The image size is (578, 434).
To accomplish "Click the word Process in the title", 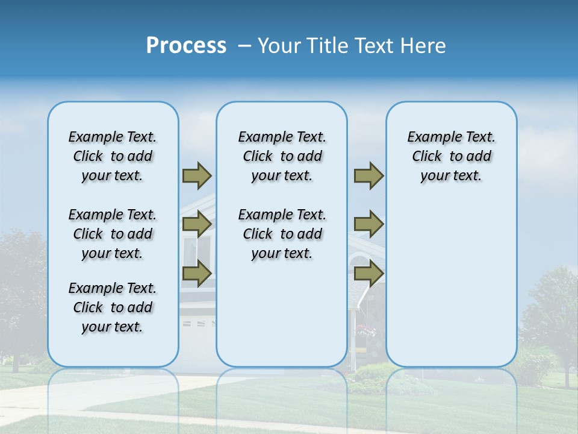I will [186, 46].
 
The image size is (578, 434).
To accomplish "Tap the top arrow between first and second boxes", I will [197, 176].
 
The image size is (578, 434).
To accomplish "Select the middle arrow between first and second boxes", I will [197, 225].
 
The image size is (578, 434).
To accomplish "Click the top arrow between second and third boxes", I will [368, 176].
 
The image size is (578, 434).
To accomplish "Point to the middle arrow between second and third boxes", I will [368, 225].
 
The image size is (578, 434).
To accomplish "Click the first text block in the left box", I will [113, 156].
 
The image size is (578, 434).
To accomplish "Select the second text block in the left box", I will [113, 234].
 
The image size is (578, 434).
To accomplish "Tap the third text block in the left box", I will [113, 307].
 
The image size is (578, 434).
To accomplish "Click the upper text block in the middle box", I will [282, 156].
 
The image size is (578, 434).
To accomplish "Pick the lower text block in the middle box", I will [282, 234].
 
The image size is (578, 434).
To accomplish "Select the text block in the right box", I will [451, 156].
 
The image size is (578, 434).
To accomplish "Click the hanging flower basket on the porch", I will [365, 330].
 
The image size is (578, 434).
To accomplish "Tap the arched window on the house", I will [359, 262].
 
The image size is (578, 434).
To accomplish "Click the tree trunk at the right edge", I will [567, 374].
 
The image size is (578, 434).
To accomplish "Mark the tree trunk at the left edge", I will [15, 362].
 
